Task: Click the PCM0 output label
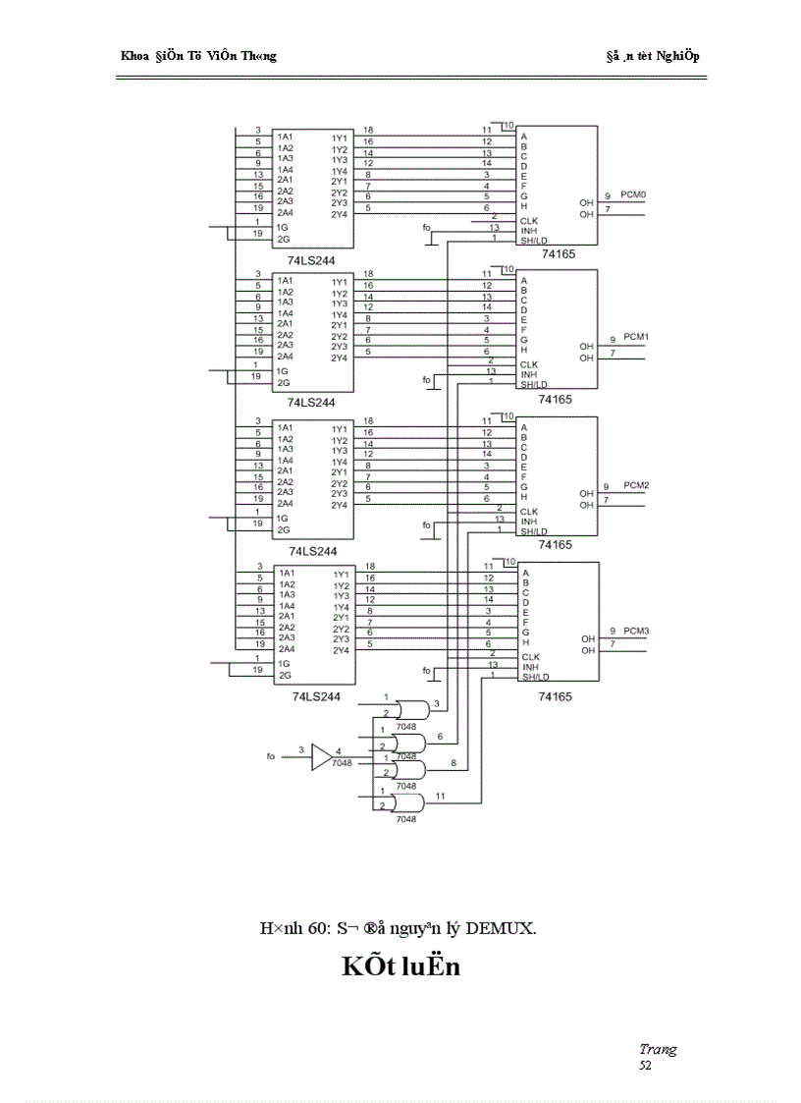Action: point(634,195)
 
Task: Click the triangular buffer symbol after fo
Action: point(321,756)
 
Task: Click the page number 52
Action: point(645,1065)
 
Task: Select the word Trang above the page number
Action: point(657,1049)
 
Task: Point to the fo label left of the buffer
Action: point(271,756)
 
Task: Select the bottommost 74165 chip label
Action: point(556,695)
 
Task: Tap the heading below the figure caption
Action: point(400,966)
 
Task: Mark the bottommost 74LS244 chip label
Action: point(316,696)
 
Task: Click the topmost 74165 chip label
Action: point(556,253)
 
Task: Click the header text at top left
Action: point(197,56)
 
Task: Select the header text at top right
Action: point(652,56)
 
